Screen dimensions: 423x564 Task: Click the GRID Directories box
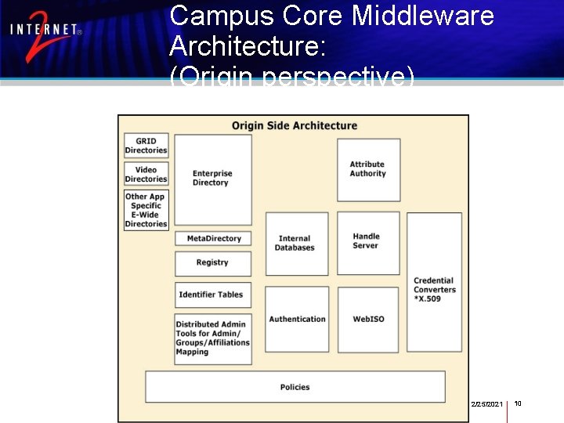tap(146, 146)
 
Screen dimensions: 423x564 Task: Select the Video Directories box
tap(146, 174)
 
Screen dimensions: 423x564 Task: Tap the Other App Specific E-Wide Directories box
tap(146, 210)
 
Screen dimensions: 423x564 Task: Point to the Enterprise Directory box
tap(212, 179)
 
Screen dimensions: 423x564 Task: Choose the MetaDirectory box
tap(213, 238)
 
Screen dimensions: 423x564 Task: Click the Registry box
tap(213, 263)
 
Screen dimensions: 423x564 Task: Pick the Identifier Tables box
tap(213, 295)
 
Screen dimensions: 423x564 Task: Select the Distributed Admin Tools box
tap(213, 338)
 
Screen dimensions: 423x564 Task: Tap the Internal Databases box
tap(296, 244)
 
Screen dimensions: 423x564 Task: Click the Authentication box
tap(297, 319)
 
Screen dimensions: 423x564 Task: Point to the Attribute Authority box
tap(368, 169)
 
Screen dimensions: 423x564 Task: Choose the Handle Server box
tap(367, 242)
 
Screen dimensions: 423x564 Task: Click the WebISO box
tap(367, 319)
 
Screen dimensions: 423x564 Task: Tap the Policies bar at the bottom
tap(295, 387)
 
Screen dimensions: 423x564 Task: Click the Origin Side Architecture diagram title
tap(295, 125)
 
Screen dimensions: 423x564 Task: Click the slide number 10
tap(518, 403)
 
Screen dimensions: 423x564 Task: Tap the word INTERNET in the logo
tap(45, 31)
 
